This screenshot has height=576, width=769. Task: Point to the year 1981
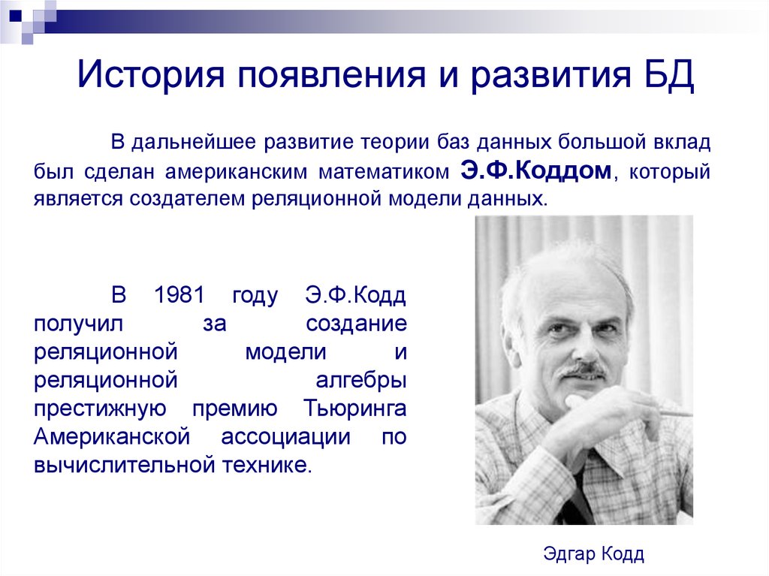178,295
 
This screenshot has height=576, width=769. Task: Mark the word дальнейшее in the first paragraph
191,143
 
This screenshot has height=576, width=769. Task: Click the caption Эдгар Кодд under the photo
593,554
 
